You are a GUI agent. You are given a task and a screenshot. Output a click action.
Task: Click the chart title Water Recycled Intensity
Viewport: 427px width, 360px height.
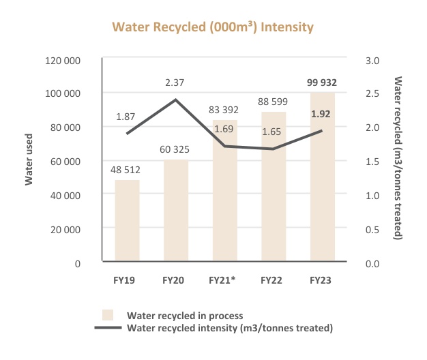(x=213, y=27)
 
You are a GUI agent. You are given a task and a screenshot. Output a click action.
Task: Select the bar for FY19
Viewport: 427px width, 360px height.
(x=126, y=221)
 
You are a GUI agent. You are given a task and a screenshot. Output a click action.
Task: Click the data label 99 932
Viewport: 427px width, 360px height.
(x=323, y=82)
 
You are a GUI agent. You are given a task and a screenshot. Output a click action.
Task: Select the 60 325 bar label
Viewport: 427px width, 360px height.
(x=175, y=149)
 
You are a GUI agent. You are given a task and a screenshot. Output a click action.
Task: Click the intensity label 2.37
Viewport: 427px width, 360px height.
(x=175, y=82)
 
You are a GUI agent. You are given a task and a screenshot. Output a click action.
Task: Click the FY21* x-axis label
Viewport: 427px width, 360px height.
(x=224, y=280)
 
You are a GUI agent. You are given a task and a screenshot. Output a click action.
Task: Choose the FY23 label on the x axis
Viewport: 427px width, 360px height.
(x=323, y=280)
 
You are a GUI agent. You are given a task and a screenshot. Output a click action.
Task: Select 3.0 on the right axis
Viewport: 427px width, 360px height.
(x=372, y=60)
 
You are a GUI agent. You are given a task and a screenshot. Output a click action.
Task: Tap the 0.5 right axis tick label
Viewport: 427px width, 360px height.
(x=372, y=229)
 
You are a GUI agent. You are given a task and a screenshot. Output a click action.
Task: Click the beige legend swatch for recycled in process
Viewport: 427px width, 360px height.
(x=107, y=315)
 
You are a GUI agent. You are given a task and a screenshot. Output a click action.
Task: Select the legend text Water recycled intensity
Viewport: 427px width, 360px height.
(x=230, y=328)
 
